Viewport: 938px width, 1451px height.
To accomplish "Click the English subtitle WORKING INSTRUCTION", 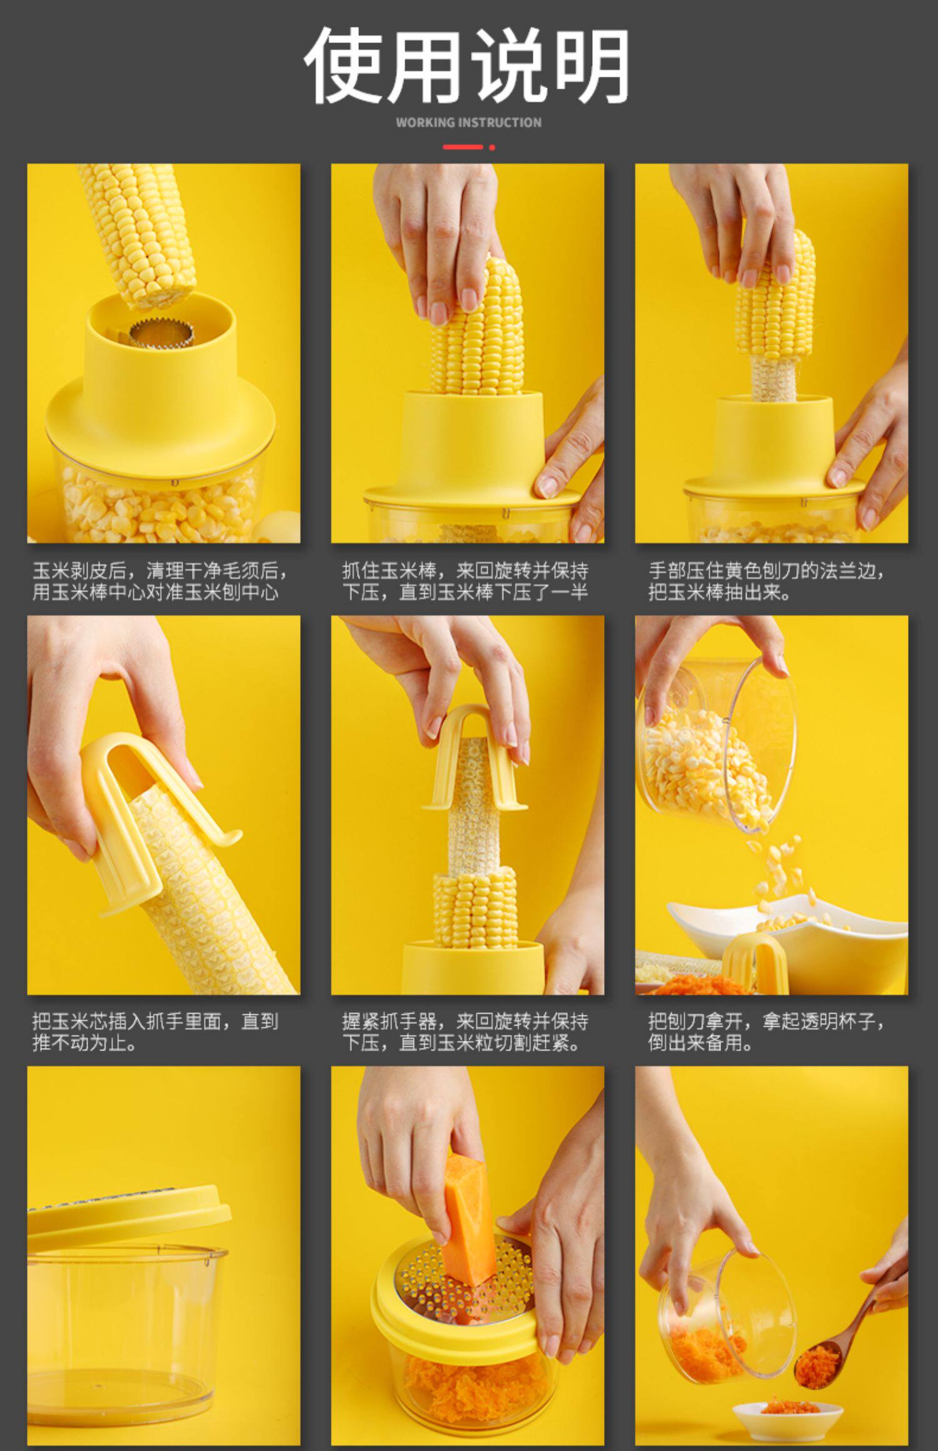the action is click(468, 122).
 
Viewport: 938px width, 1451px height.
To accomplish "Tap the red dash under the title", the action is click(463, 147).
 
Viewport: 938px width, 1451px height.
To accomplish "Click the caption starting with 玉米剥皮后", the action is click(161, 581).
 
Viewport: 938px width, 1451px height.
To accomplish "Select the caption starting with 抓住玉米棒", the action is click(465, 581).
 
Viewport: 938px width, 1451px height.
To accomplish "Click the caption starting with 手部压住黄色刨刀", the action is click(767, 581).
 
